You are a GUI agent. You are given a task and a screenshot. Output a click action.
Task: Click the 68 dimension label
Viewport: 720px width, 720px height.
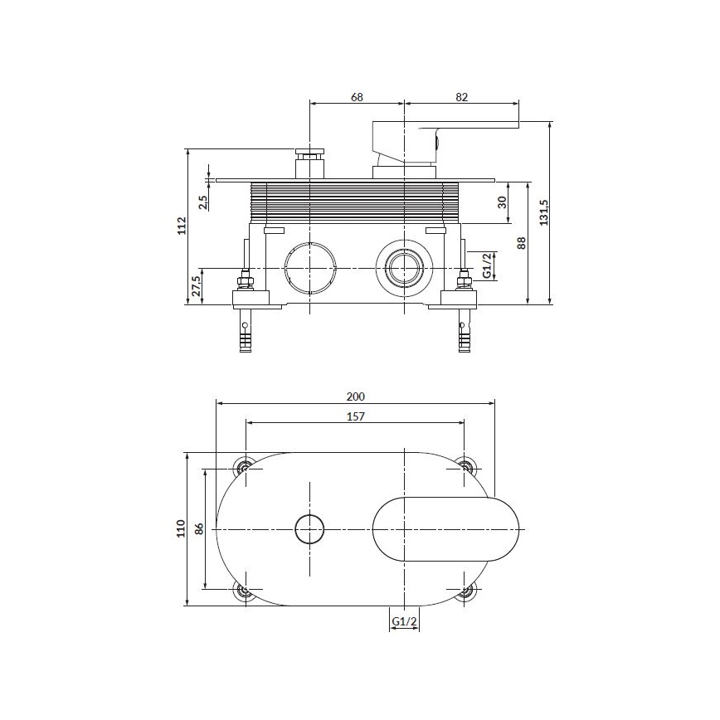pyautogui.click(x=357, y=97)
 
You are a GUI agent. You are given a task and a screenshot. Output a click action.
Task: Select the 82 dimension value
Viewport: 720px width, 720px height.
pyautogui.click(x=462, y=97)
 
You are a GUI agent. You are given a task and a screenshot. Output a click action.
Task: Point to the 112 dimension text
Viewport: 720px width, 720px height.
pyautogui.click(x=182, y=226)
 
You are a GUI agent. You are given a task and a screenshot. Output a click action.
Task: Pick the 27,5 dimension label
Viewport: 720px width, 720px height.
pyautogui.click(x=196, y=287)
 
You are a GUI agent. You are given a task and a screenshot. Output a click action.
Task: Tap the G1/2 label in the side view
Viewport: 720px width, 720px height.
pyautogui.click(x=489, y=265)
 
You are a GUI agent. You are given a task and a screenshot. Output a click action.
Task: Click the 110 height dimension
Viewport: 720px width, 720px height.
pyautogui.click(x=181, y=528)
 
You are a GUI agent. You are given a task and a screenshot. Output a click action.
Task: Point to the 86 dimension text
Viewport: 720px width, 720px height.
pyautogui.click(x=199, y=528)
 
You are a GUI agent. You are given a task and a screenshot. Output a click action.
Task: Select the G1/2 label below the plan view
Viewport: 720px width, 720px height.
pyautogui.click(x=403, y=620)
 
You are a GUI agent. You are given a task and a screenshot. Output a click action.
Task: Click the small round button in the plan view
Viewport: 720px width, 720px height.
pyautogui.click(x=309, y=528)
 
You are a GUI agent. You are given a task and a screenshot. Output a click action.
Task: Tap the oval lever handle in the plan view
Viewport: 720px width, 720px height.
pyautogui.click(x=449, y=529)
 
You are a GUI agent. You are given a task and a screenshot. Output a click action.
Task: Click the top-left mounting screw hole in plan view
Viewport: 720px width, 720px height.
pyautogui.click(x=245, y=467)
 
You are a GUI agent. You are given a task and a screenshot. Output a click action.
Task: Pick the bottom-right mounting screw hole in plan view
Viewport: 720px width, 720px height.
pyautogui.click(x=465, y=591)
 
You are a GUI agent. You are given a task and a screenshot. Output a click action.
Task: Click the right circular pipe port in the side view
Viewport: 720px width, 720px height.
pyautogui.click(x=403, y=269)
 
